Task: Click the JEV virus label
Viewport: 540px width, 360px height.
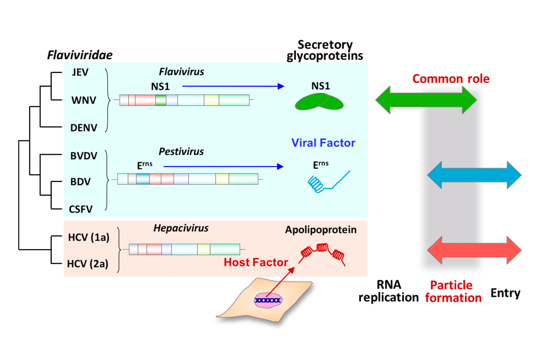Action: pos(80,72)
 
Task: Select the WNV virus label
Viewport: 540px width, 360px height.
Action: pos(84,100)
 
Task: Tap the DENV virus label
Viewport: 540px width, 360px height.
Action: pos(84,128)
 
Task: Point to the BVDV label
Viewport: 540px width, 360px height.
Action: pos(84,156)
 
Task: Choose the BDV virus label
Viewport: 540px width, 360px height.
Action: pos(80,182)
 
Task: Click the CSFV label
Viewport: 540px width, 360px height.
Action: pos(81,210)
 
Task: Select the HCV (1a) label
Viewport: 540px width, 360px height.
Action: pos(89,238)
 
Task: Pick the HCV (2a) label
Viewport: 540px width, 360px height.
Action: pos(88,264)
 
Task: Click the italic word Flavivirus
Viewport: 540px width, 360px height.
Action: pos(182,72)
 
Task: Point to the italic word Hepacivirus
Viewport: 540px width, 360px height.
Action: pos(181,228)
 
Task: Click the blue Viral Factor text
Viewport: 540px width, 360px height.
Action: pos(323,143)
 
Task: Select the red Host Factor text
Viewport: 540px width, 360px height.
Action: pos(256,262)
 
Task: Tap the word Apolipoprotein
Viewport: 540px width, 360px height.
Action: pos(321,230)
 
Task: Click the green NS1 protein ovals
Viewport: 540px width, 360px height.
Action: pos(319,102)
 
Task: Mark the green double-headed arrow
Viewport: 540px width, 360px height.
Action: pos(426,100)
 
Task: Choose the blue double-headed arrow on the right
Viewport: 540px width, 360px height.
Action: pos(474,175)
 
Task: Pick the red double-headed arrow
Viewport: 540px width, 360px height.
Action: pos(474,250)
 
